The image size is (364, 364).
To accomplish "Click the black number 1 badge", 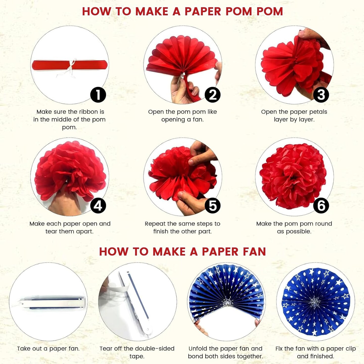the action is click(x=98, y=95).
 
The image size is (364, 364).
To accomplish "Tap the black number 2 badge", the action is click(x=213, y=95).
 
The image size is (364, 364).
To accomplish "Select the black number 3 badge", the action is click(x=321, y=95).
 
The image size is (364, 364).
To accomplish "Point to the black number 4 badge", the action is click(x=98, y=206).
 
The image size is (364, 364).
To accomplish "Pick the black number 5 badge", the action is click(x=213, y=206).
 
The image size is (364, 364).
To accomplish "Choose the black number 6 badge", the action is click(x=321, y=206).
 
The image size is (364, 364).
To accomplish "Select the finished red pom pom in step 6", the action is click(x=293, y=176).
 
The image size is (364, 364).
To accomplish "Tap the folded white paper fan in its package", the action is click(x=54, y=303).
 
